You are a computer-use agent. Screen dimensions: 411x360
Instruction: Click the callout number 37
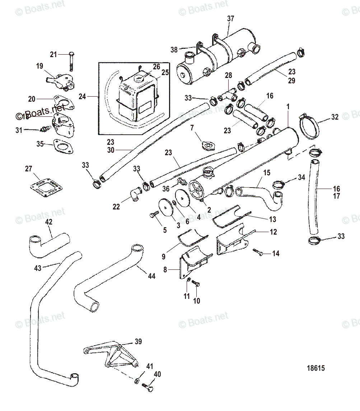click(230, 19)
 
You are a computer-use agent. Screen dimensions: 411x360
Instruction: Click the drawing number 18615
click(316, 368)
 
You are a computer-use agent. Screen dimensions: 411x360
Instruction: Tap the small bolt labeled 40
click(148, 388)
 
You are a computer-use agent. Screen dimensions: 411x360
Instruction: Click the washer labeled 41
click(138, 380)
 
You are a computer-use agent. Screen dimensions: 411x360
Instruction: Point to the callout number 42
click(48, 222)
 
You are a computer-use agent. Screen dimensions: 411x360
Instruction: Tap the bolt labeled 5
click(153, 215)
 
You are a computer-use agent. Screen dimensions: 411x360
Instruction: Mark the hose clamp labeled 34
click(278, 184)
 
